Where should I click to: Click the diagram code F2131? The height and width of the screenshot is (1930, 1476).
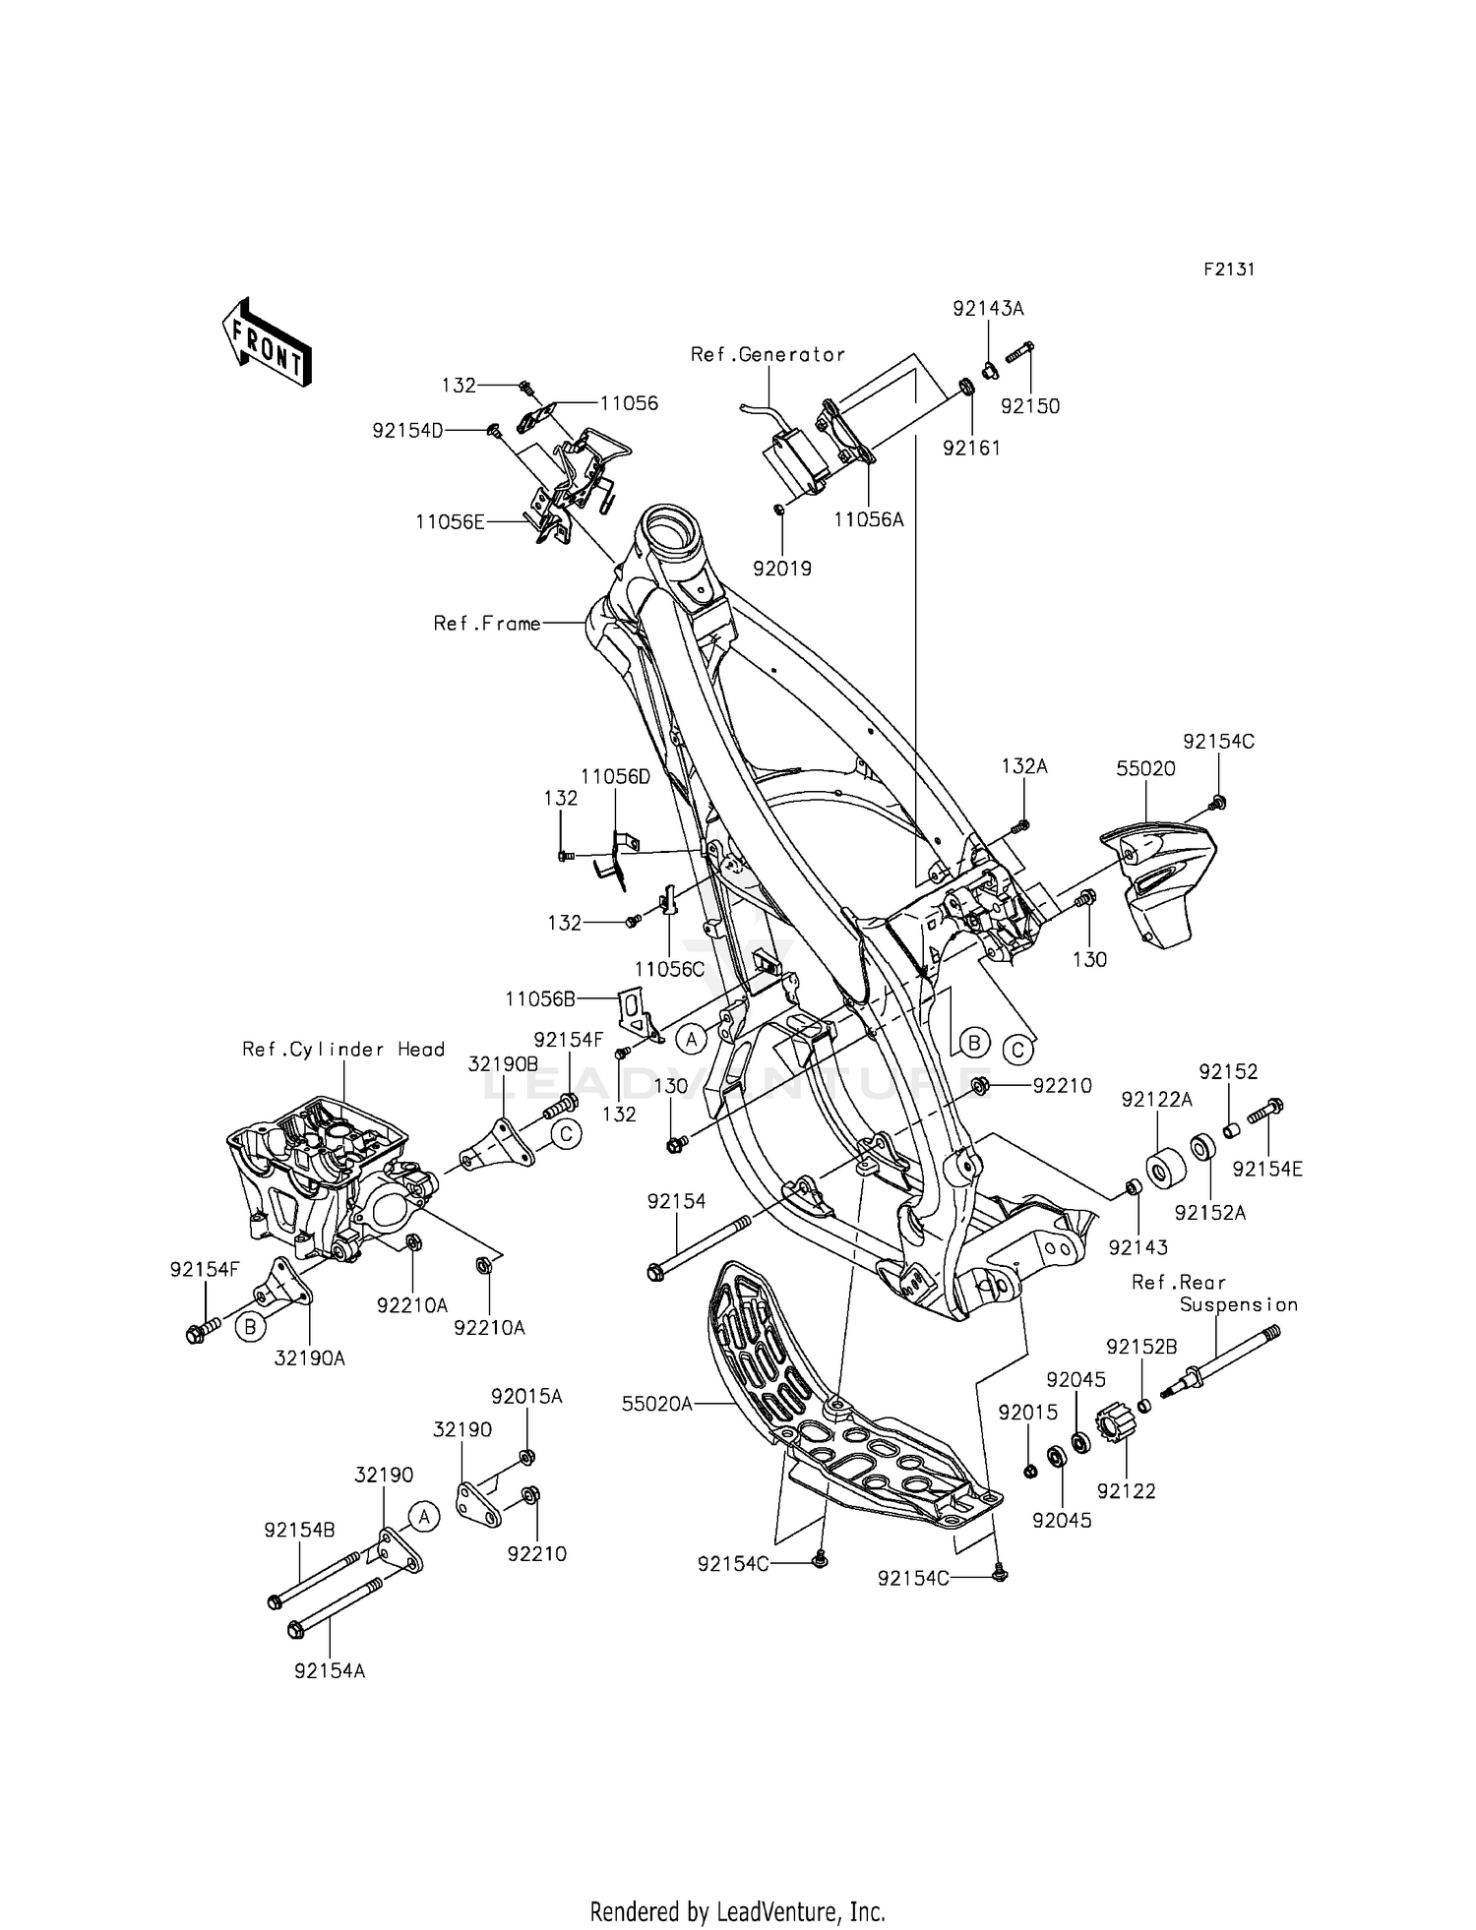pyautogui.click(x=1229, y=270)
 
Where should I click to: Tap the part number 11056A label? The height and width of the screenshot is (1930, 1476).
pyautogui.click(x=868, y=519)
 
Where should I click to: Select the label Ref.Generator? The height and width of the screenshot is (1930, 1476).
pyautogui.click(x=768, y=354)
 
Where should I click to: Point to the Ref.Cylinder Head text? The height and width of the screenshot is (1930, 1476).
pyautogui.click(x=343, y=1049)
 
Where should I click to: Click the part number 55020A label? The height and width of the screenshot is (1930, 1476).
pyautogui.click(x=656, y=1404)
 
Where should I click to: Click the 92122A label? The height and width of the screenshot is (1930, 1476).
pyautogui.click(x=1156, y=1100)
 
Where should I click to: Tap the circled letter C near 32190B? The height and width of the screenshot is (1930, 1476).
pyautogui.click(x=565, y=1134)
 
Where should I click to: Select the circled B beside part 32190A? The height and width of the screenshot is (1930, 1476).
pyautogui.click(x=250, y=1327)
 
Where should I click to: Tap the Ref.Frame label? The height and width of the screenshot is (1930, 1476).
pyautogui.click(x=487, y=624)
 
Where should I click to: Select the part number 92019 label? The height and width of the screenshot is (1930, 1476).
pyautogui.click(x=782, y=569)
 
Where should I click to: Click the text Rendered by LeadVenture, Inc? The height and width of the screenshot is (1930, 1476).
pyautogui.click(x=737, y=1884)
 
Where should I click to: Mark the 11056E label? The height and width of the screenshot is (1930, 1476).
pyautogui.click(x=450, y=522)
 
